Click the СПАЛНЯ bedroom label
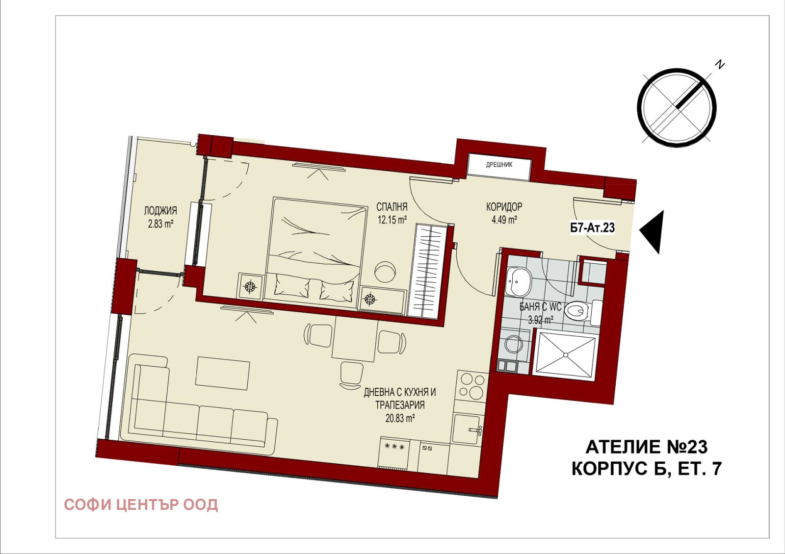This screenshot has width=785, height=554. pyautogui.click(x=392, y=206)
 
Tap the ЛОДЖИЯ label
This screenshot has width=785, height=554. pyautogui.click(x=160, y=211)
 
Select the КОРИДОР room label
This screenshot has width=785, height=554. pyautogui.click(x=504, y=207)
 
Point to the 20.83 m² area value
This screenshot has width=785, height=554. pyautogui.click(x=400, y=418)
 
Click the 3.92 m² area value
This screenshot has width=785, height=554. pyautogui.click(x=541, y=320)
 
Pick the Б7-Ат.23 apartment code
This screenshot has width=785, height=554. pyautogui.click(x=593, y=228)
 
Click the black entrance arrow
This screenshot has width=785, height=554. pyautogui.click(x=652, y=232)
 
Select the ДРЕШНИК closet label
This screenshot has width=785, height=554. pyautogui.click(x=499, y=165)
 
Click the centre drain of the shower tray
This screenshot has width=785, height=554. pyautogui.click(x=565, y=355)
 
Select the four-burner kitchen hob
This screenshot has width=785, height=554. pyautogui.click(x=471, y=386)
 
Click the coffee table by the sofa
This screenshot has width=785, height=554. pyautogui.click(x=223, y=373)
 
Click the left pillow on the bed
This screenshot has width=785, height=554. pyautogui.click(x=292, y=285)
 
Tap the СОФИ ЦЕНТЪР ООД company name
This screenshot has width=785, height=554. pyautogui.click(x=141, y=504)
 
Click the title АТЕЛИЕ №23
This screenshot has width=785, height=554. pyautogui.click(x=647, y=447)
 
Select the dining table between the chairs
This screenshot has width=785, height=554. pyautogui.click(x=355, y=339)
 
